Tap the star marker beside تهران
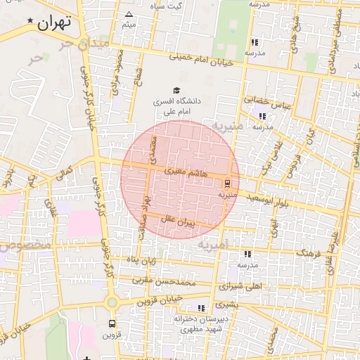pos(30,23)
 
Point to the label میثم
pos(129,25)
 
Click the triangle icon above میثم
pos(128,14)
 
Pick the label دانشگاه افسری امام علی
pos(176,106)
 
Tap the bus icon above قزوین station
pos(112,323)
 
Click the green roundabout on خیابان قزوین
pos(111,302)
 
